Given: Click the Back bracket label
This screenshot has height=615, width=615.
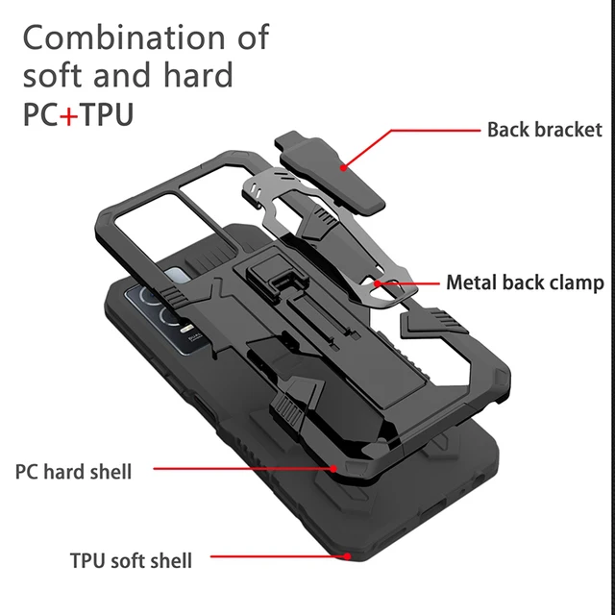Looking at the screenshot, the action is point(544,130).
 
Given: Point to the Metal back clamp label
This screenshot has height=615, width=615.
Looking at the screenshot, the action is point(525,283).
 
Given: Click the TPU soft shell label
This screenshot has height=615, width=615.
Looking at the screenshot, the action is point(131,560).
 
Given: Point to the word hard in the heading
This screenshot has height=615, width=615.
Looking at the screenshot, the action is point(197,75).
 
